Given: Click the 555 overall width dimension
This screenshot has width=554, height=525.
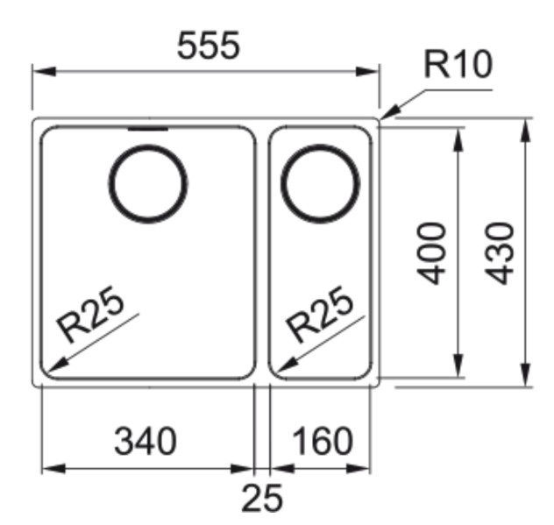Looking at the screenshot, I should point(208,46).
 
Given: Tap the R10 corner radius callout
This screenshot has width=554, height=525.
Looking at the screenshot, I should point(458,66).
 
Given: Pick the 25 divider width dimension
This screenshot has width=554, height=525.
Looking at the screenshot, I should point(262,498).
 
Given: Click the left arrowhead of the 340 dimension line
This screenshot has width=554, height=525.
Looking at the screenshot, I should point(49,469).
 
